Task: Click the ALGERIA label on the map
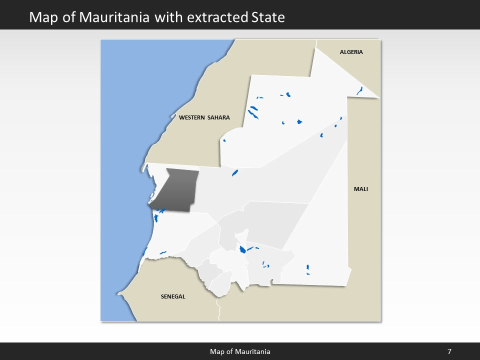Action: click(x=351, y=52)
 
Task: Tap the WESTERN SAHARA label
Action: click(x=204, y=117)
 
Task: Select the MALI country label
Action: click(x=360, y=189)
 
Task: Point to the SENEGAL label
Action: click(x=173, y=296)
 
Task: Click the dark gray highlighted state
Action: click(x=176, y=190)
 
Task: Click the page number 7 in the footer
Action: click(x=449, y=351)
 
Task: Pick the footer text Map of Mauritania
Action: click(x=240, y=351)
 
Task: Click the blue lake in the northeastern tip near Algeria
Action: click(x=359, y=90)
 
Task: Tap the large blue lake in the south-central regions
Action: click(x=242, y=249)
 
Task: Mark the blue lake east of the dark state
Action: click(x=234, y=173)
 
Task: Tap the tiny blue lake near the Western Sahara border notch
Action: click(x=224, y=140)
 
